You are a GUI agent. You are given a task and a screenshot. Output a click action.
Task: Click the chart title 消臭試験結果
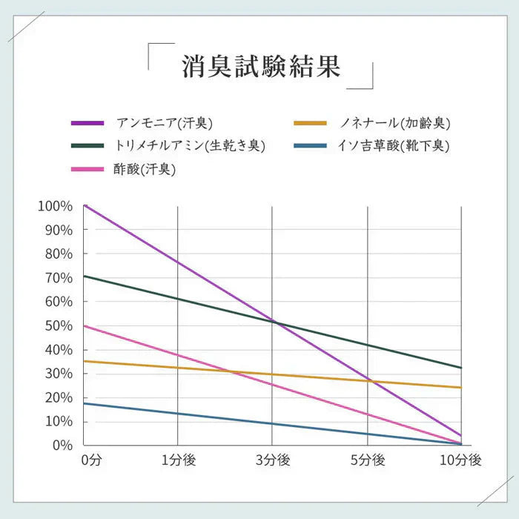(261, 66)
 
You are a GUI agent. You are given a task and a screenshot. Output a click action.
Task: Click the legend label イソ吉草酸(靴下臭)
(393, 145)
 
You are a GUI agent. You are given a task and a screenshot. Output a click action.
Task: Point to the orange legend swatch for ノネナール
(310, 122)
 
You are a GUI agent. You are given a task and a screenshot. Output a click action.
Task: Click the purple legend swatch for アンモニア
(87, 122)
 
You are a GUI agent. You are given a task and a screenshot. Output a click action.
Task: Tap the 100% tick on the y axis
(55, 206)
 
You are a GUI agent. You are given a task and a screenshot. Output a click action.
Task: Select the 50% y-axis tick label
(58, 326)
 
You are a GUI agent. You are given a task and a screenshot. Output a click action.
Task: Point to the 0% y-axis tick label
(61, 446)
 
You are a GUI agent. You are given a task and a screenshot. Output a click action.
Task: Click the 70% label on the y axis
(58, 278)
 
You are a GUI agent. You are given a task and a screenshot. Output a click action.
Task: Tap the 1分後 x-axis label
(178, 460)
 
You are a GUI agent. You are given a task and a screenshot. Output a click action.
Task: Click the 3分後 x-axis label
(272, 460)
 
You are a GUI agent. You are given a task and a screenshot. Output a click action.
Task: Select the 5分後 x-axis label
(367, 460)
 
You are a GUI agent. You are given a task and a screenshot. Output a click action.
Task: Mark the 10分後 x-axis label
(460, 460)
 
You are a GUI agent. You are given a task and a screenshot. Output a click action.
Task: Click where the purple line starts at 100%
(85, 206)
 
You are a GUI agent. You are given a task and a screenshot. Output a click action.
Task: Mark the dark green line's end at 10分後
(460, 368)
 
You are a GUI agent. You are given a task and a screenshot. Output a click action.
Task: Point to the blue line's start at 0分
(85, 403)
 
